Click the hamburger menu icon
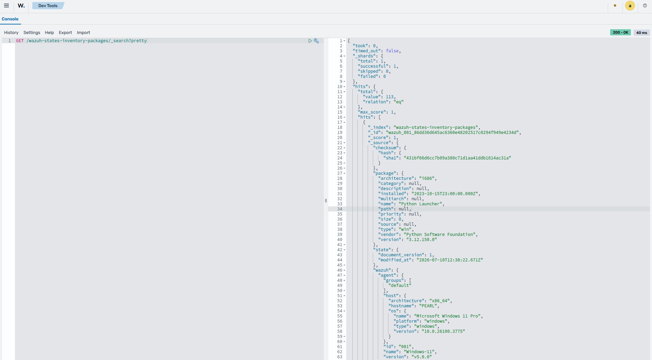pos(6,6)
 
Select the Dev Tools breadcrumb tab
pos(48,6)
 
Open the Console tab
pos(10,19)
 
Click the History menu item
pos(11,33)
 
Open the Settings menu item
pos(32,33)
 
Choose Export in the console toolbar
pos(65,33)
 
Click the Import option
pos(83,33)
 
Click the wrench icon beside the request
pos(316,41)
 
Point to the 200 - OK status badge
pos(620,32)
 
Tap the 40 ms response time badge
pos(641,33)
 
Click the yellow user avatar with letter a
pos(630,6)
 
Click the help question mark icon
pos(645,6)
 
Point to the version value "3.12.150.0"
pos(421,240)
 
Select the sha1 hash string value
pos(457,158)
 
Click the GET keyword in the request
pos(20,41)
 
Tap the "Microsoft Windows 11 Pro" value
pos(447,316)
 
